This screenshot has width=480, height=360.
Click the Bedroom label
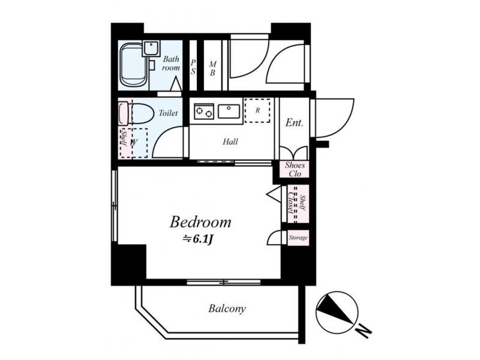(x=200, y=221)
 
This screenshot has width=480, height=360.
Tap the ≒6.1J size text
(x=198, y=239)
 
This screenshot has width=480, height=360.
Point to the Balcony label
(x=227, y=308)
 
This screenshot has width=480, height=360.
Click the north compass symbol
(x=337, y=312)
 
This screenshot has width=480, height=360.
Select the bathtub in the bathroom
(x=133, y=65)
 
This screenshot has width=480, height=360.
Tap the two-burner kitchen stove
(x=204, y=111)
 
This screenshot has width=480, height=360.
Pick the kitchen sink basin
(x=229, y=111)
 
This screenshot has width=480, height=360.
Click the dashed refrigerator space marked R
(x=257, y=110)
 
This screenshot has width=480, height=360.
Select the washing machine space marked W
(x=134, y=143)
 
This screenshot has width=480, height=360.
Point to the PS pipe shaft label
(x=193, y=67)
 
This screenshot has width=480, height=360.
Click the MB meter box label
(x=212, y=68)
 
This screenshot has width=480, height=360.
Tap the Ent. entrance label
(x=294, y=123)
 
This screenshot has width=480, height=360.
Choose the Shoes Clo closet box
(x=295, y=169)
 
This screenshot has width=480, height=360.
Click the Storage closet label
(x=298, y=238)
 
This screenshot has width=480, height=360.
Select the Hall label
(x=230, y=142)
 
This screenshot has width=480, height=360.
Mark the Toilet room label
(x=168, y=113)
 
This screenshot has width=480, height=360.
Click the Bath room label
(x=171, y=64)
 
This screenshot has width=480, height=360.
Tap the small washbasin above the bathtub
(x=151, y=49)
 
